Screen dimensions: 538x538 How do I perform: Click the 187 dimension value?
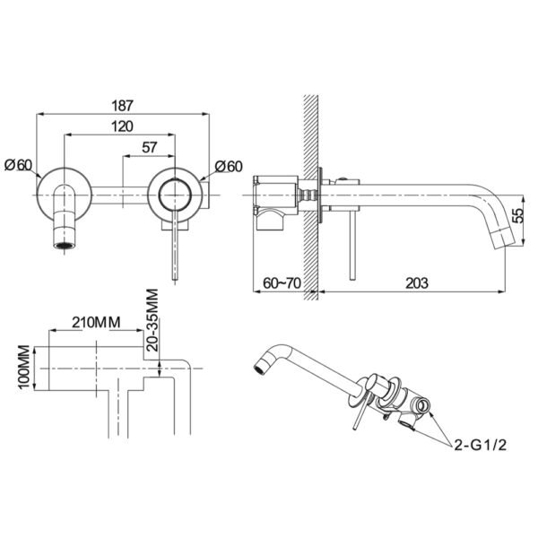(122, 106)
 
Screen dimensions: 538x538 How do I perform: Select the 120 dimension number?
(122, 126)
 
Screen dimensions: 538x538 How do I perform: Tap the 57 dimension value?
(149, 148)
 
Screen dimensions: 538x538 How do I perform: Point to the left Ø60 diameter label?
(18, 165)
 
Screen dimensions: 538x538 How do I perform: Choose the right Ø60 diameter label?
(229, 167)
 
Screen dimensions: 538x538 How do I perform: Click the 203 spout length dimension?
(417, 283)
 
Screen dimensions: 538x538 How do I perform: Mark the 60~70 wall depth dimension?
(282, 283)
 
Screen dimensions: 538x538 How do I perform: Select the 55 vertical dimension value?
(519, 215)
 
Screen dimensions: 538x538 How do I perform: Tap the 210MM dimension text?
(96, 323)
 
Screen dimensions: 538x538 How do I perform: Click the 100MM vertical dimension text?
(24, 367)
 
